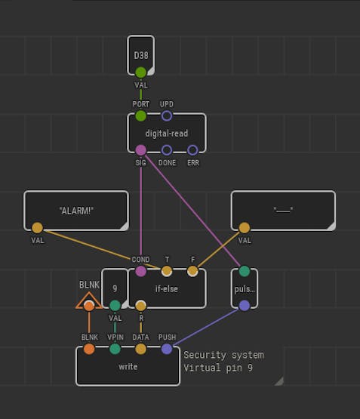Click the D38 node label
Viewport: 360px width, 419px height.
140,56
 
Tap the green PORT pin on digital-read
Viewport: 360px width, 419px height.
140,116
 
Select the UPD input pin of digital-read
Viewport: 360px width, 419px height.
167,116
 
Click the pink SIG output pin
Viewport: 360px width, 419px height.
140,150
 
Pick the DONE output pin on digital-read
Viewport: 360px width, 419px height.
167,150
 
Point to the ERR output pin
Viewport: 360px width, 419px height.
192,150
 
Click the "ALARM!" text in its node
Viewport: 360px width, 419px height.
76,211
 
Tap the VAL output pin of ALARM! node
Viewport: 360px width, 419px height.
38,228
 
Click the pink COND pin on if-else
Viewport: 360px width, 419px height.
140,271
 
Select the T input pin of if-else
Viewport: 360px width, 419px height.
167,271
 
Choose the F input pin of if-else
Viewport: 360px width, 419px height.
192,271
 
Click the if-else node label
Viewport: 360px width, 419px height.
167,289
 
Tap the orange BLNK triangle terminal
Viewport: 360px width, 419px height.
89,301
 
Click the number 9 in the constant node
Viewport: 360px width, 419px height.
115,288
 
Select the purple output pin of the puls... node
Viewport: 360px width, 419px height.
245,306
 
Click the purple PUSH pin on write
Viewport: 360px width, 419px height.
167,349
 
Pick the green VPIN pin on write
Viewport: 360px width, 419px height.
115,349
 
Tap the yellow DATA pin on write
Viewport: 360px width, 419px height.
140,349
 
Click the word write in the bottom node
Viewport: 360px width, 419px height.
128,367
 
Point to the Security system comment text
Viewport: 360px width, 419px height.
223,355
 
